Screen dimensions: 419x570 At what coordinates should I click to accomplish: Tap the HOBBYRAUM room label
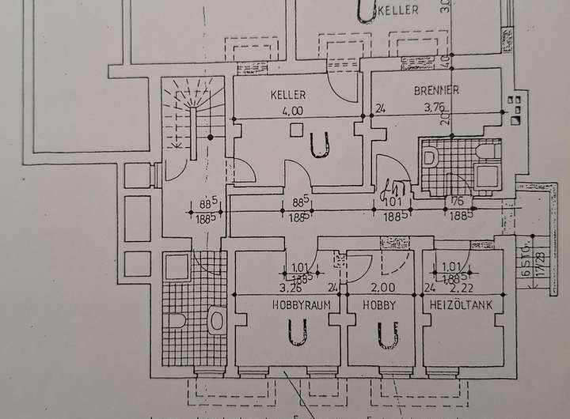coord(301,304)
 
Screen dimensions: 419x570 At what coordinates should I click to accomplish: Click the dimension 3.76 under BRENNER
coord(437,109)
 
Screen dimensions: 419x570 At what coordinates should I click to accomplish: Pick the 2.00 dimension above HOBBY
coord(383,288)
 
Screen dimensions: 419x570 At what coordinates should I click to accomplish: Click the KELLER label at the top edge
coord(396,11)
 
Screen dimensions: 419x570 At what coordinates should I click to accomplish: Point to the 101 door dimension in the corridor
coord(393,201)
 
